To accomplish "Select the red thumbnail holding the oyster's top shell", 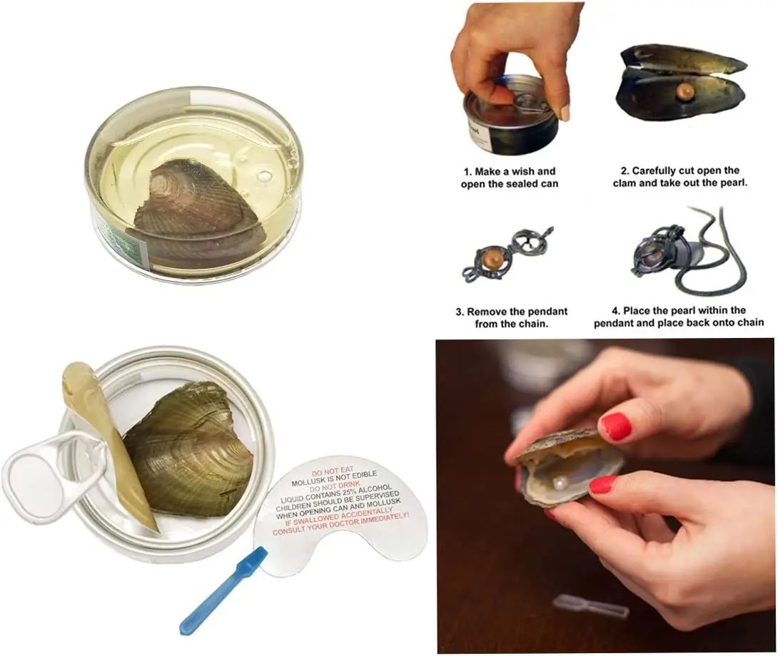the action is [x=615, y=427].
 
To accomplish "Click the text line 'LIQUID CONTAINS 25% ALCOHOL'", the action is [x=336, y=493].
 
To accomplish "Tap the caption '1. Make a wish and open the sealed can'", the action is [x=510, y=178].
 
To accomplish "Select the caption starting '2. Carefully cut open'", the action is [x=680, y=177].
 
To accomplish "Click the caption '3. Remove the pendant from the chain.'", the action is [x=512, y=317].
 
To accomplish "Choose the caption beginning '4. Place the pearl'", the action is [x=679, y=317].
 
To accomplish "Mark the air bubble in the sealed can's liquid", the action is [x=266, y=176].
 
